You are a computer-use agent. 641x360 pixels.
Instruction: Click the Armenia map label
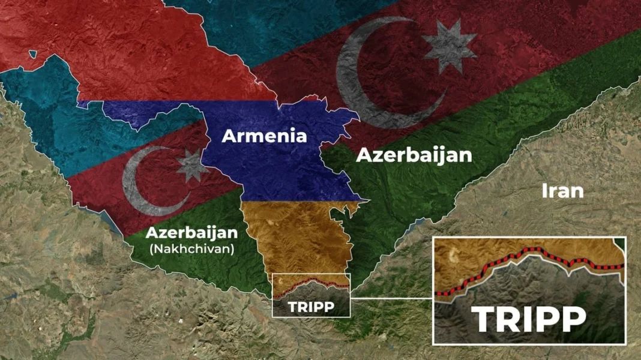coord(264,136)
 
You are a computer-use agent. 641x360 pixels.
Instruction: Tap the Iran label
coord(562,191)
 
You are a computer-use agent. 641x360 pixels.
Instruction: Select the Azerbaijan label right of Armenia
coord(414,155)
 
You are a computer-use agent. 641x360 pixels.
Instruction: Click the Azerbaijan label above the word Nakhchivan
coord(191,232)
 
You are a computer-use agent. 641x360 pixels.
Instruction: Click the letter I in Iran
coord(544,191)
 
